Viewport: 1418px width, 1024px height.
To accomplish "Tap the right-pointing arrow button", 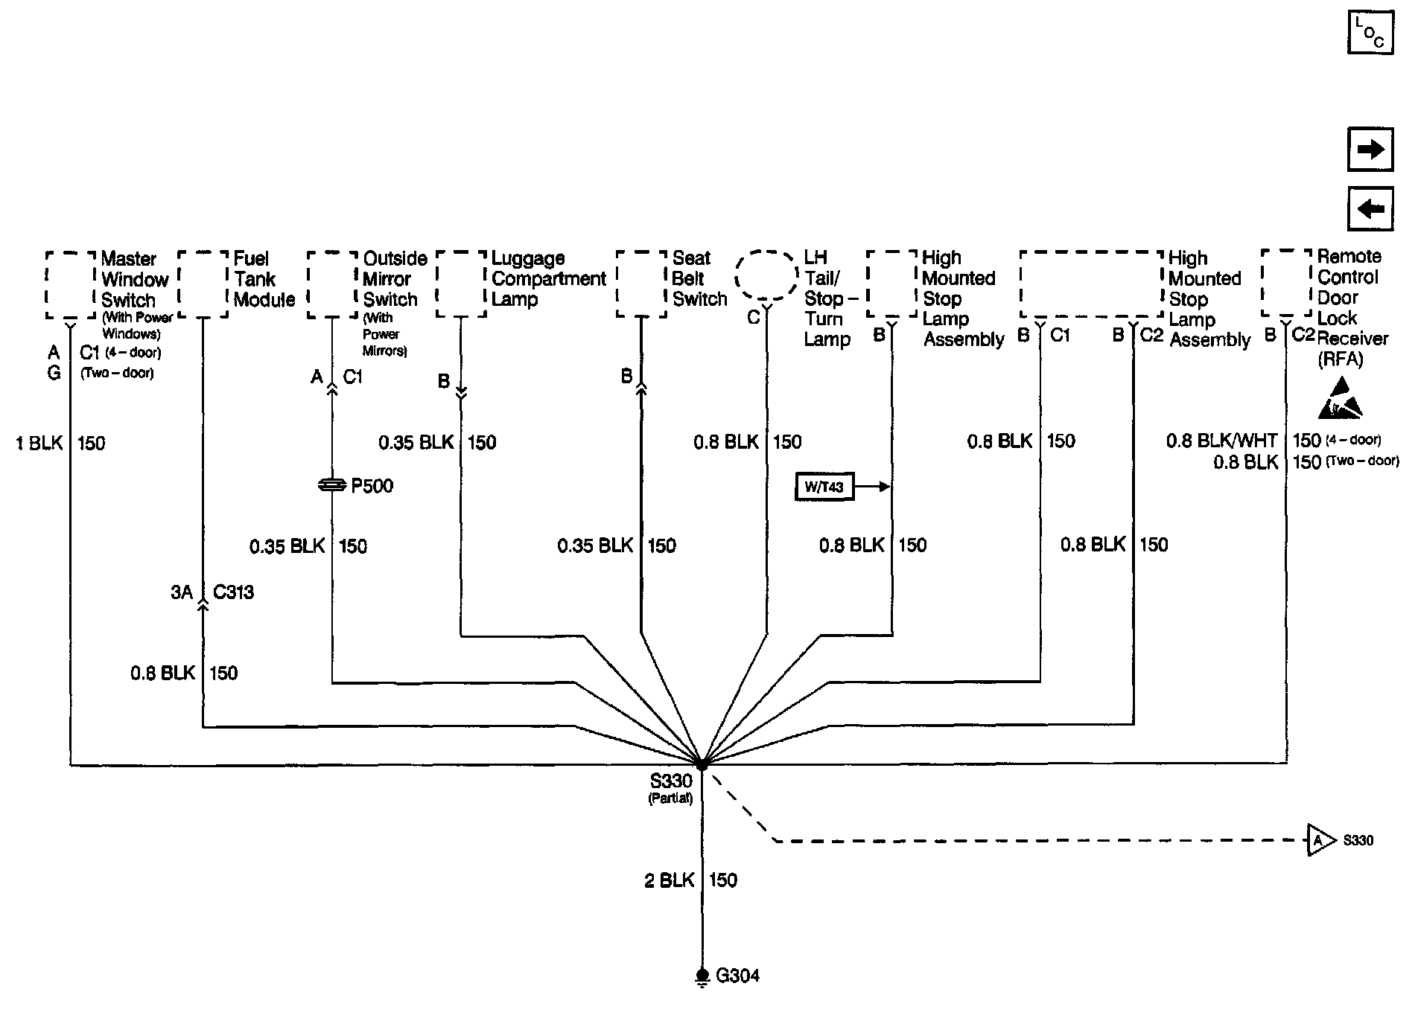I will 1370,150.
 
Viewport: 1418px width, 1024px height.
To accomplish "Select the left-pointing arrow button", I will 1370,208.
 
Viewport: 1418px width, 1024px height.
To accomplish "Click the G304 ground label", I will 737,975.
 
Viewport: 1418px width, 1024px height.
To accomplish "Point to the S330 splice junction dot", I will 702,764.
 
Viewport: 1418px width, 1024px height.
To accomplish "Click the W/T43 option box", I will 824,487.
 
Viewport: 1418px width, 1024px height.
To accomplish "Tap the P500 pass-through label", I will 372,486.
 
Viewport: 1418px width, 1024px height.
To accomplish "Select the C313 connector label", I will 233,592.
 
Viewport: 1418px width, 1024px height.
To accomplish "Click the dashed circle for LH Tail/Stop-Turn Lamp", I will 766,276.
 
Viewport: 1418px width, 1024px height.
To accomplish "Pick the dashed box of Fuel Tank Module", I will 203,284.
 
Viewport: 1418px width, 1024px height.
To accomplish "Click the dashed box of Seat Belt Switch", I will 641,284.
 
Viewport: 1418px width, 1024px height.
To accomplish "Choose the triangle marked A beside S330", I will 1320,841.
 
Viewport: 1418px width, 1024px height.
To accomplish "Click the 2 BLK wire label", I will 669,880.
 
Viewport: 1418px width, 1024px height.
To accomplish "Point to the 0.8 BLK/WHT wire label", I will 1221,441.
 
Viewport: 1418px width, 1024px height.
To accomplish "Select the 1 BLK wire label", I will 39,444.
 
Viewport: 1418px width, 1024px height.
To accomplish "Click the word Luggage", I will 528,258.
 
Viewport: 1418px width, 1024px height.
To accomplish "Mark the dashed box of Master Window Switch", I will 71,285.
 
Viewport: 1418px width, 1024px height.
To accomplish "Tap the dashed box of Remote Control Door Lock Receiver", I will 1286,283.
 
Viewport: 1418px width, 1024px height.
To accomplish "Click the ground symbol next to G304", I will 702,977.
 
